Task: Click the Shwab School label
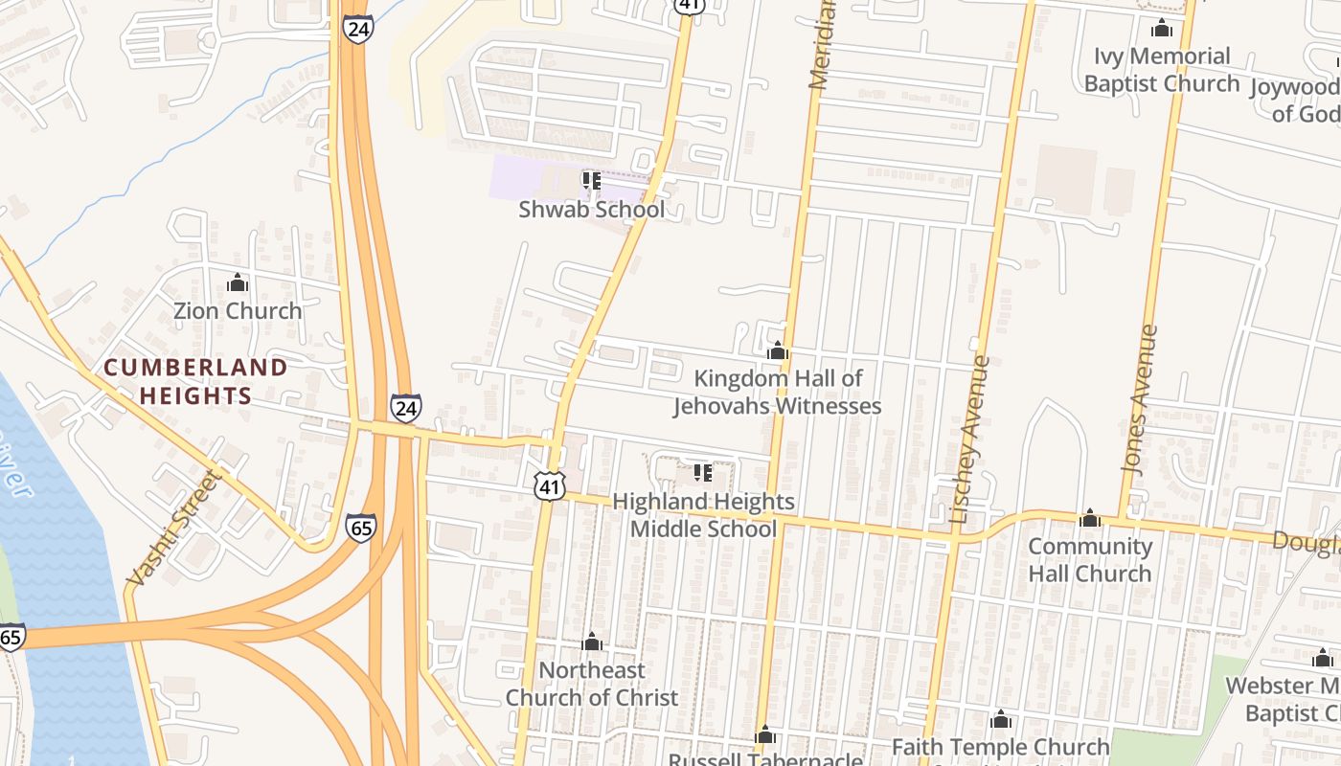tap(591, 209)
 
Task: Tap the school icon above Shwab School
tap(591, 180)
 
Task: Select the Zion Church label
tap(238, 311)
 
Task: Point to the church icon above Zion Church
tap(238, 283)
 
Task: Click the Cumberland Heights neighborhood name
tap(195, 381)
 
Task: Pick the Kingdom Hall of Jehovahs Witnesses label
tap(777, 393)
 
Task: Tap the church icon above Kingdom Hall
tap(778, 351)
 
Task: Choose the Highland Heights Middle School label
tap(703, 515)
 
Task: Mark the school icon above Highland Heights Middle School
tap(703, 473)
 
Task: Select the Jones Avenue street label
tap(1139, 398)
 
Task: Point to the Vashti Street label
tap(173, 528)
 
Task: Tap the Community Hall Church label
tap(1090, 560)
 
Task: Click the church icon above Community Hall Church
tap(1090, 519)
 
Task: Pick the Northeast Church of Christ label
tap(592, 684)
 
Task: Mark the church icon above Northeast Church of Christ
tap(592, 642)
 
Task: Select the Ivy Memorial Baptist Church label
tap(1162, 70)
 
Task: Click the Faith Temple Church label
tap(1001, 747)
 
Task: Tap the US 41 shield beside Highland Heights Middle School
tap(549, 487)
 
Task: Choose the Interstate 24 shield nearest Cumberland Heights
tap(405, 408)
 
